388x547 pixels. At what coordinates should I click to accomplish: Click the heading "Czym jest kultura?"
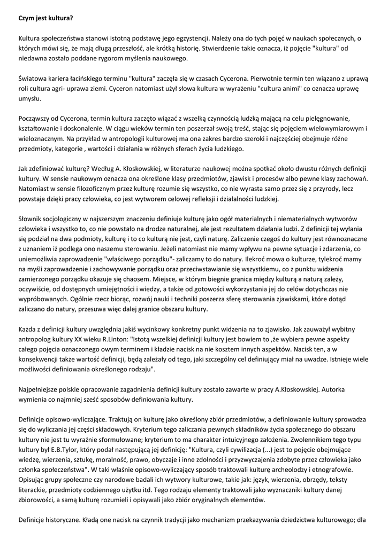(45, 18)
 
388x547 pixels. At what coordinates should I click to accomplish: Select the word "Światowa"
(33, 78)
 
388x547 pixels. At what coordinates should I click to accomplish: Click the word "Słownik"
(32, 219)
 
